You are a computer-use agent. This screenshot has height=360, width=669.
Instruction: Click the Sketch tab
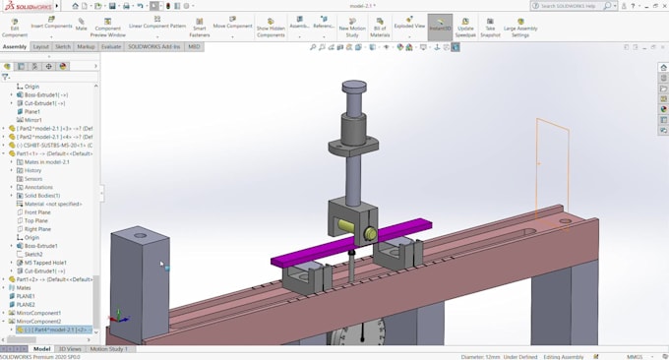[x=63, y=46]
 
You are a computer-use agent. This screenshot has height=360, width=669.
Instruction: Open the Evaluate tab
[x=111, y=46]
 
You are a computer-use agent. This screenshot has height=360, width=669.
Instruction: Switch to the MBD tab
[x=194, y=46]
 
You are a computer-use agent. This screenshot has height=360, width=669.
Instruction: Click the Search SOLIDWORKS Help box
[x=577, y=6]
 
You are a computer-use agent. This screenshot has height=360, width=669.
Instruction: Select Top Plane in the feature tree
[x=36, y=220]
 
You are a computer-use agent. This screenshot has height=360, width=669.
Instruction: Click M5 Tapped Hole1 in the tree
[x=45, y=263]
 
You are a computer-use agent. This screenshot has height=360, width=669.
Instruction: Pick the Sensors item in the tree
[x=33, y=179]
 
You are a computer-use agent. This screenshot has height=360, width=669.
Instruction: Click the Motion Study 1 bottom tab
[x=108, y=348]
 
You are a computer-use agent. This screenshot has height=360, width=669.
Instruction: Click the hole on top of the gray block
[x=140, y=235]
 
